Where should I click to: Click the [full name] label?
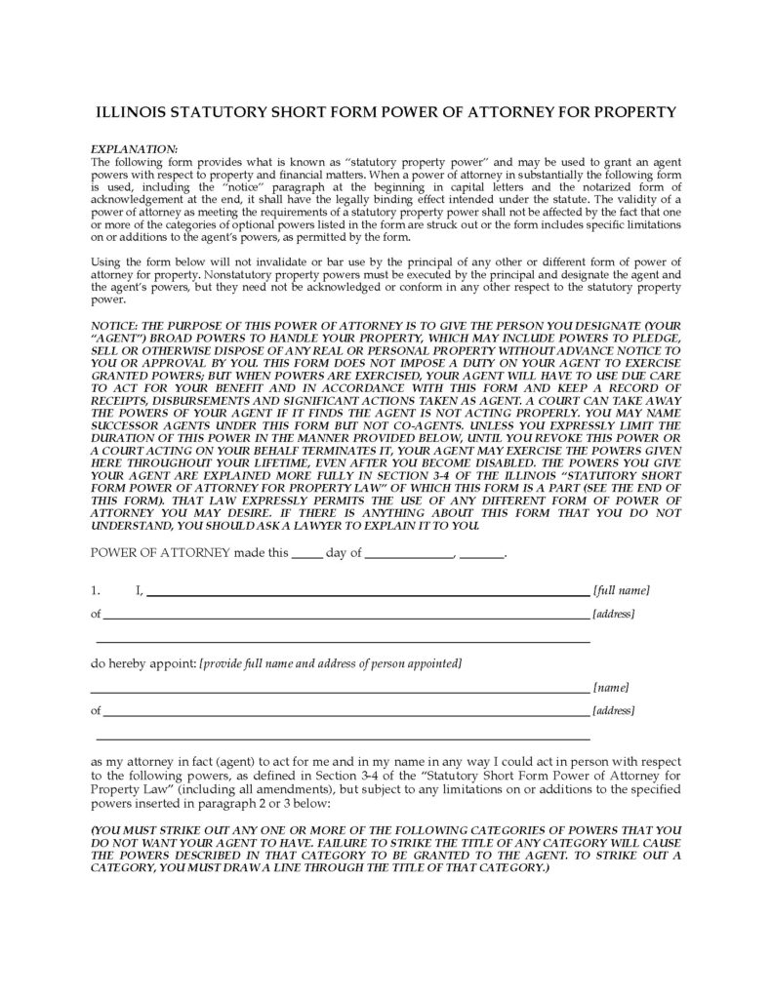coord(622,590)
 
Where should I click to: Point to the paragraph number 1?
coord(95,590)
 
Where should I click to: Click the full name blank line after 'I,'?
coord(367,592)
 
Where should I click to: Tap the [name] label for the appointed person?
coord(611,687)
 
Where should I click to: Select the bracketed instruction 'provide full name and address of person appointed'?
coord(330,663)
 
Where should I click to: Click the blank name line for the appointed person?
coord(341,689)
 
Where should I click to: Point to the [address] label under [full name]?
coord(614,614)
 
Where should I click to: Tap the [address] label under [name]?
coord(614,711)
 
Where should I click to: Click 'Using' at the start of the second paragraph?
coord(107,261)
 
